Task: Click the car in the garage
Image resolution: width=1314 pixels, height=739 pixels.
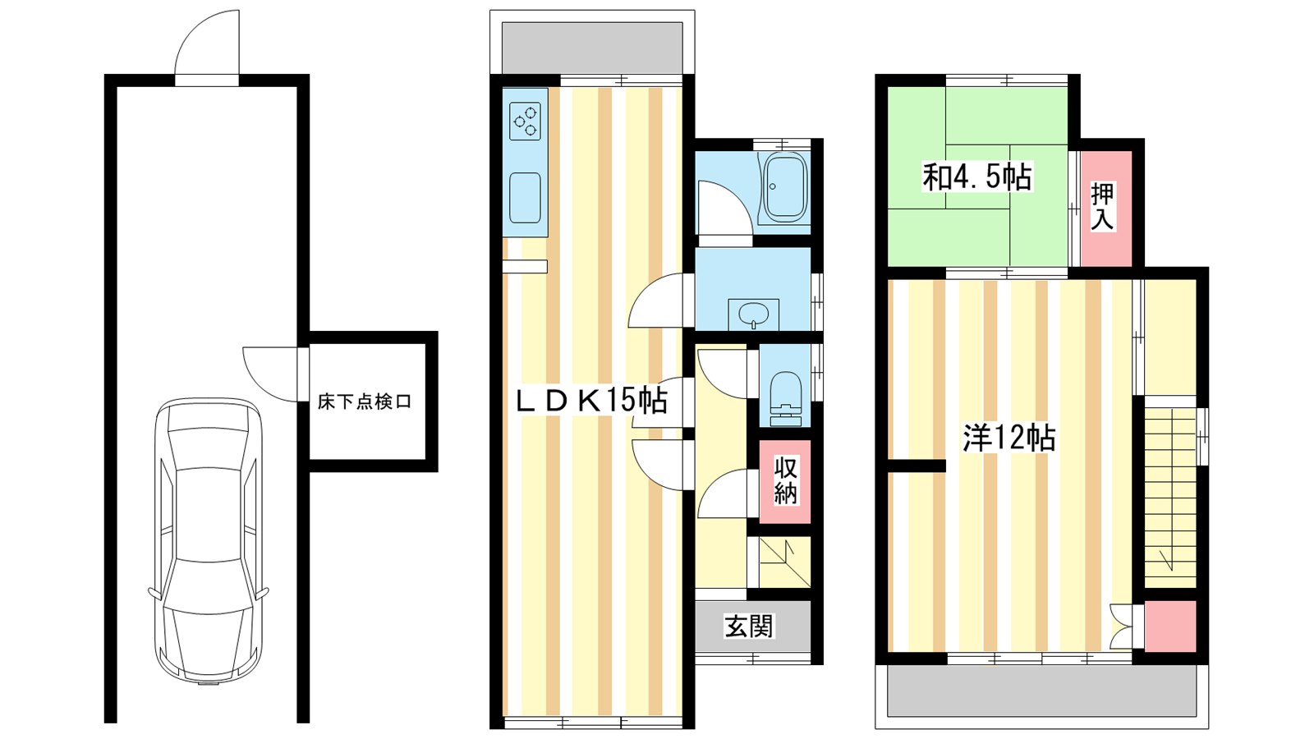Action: click(209, 541)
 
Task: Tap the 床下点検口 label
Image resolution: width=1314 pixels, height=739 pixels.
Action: click(365, 402)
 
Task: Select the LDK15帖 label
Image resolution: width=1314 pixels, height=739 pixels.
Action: click(591, 402)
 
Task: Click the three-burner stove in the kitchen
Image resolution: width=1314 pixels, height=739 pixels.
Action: click(525, 121)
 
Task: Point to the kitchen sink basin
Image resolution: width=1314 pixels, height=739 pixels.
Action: click(525, 198)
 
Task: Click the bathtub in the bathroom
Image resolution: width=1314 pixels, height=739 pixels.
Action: click(783, 188)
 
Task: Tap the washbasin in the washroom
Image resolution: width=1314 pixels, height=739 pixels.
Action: click(754, 315)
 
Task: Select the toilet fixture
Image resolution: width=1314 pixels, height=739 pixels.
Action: click(785, 398)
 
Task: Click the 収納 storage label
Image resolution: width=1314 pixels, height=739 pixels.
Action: click(785, 481)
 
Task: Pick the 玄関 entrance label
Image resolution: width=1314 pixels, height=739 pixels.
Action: click(750, 627)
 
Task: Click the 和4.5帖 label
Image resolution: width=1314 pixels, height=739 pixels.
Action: click(977, 177)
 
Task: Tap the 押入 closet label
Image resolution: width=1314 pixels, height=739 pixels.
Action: click(1103, 207)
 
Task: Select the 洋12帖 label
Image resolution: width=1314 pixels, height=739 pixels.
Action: click(1009, 438)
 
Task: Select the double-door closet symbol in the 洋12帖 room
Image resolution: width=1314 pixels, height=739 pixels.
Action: click(1122, 627)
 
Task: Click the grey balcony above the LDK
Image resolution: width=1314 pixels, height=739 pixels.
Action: click(592, 48)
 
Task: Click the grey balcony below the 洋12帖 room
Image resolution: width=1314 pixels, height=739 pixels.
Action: click(1041, 691)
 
